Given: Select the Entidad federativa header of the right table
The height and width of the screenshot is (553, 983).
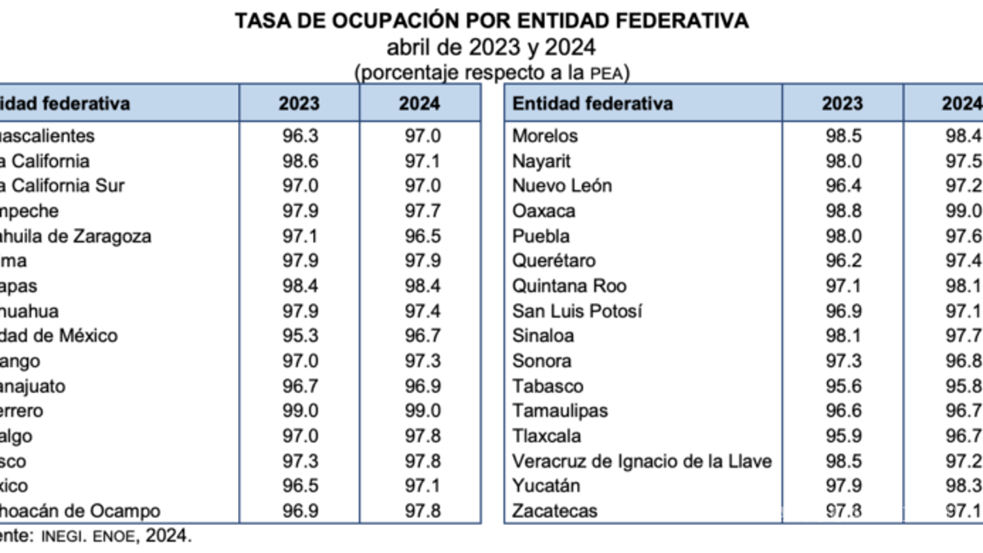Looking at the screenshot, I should pos(592,104).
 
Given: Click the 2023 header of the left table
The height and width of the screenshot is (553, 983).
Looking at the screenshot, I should pos(299,104).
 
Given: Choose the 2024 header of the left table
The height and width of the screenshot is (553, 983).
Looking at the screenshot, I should pos(420,104).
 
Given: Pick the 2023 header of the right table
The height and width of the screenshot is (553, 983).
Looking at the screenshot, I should pos(842,104).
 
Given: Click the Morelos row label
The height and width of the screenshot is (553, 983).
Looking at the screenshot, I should pos(544,137).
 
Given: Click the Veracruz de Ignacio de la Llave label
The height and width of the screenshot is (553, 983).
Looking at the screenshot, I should pos(642,461).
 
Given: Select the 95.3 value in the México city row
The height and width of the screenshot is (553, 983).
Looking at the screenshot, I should pos(300,336).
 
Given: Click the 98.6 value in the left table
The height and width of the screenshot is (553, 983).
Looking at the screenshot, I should pos(300,161).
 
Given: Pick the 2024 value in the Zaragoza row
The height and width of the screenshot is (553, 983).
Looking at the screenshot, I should pos(420,236).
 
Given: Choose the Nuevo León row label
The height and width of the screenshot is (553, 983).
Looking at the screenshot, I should pos(561,186).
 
